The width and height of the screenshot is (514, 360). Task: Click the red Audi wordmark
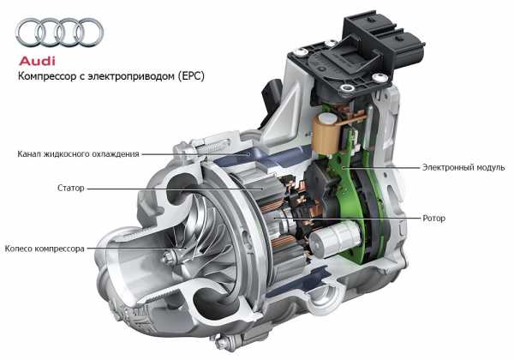pyautogui.click(x=37, y=62)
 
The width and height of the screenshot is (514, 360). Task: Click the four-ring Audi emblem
pyautogui.click(x=59, y=32)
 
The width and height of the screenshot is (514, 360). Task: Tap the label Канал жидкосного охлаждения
pyautogui.click(x=78, y=154)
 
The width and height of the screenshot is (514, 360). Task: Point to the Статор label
pyautogui.click(x=71, y=189)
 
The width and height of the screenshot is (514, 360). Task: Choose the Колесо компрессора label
pyautogui.click(x=45, y=249)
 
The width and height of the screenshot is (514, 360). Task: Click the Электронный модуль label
pyautogui.click(x=463, y=167)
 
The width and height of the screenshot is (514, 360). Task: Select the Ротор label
pyautogui.click(x=433, y=218)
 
